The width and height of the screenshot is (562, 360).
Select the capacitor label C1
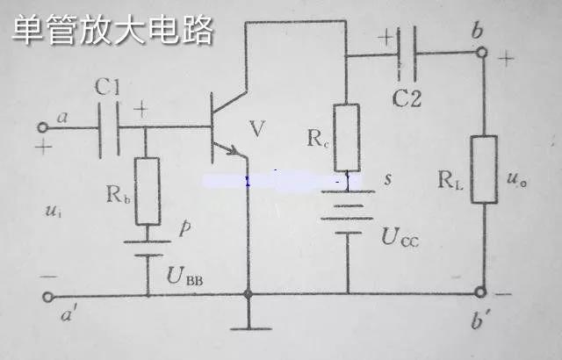pos(111,88)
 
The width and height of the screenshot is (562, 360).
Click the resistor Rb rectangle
pos(148,191)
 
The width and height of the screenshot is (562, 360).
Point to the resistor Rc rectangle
pos(348,137)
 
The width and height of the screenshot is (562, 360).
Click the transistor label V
pos(256,131)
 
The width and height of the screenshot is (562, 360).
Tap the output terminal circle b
pos(480,54)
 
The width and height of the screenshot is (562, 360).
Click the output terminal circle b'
pos(480,292)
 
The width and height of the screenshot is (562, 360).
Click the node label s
pos(387,179)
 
